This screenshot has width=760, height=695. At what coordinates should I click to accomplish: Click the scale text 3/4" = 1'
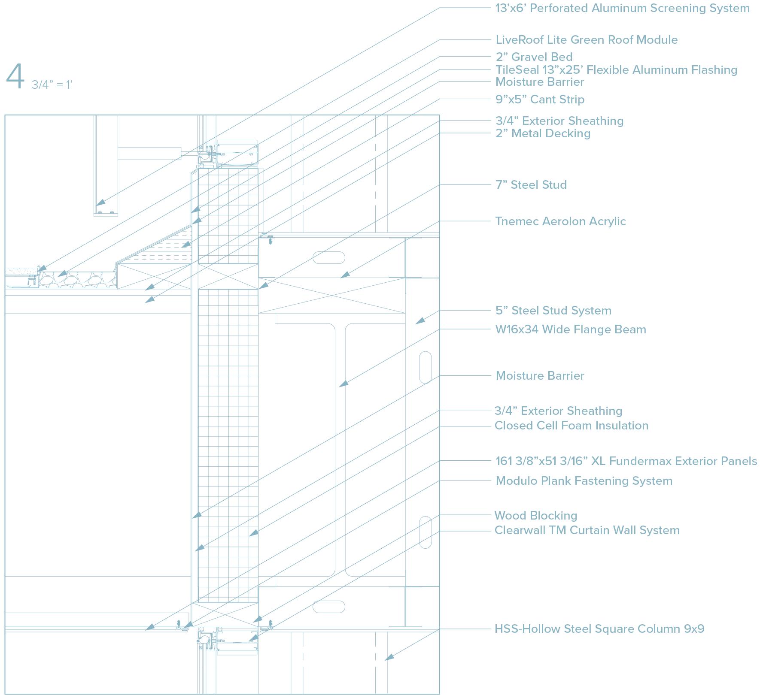52,85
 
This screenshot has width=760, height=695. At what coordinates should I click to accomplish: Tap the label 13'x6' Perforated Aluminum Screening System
622,8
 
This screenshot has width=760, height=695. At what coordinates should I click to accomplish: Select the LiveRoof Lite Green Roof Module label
586,40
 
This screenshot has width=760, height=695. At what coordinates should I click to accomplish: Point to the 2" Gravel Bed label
534,57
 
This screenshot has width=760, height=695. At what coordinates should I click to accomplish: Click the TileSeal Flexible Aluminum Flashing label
616,70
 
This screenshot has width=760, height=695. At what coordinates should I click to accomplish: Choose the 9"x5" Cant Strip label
540,100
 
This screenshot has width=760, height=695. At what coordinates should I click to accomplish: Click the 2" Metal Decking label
543,133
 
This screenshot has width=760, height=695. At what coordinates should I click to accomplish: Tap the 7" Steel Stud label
531,185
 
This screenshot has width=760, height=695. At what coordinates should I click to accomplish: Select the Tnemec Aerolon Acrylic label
560,221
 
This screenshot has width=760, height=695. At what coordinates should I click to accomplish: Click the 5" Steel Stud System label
553,311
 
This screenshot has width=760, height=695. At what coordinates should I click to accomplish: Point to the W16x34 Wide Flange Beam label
570,329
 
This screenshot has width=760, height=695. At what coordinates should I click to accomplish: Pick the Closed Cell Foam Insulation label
571,426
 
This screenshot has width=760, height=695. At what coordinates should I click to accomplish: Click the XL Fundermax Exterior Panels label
626,461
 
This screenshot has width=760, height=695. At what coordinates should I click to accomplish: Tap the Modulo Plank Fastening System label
584,481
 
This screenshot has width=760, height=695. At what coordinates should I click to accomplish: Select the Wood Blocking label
535,516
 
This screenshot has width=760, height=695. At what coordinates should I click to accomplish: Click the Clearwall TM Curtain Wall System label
587,530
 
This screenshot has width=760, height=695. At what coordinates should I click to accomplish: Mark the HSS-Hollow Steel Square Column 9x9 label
599,629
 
